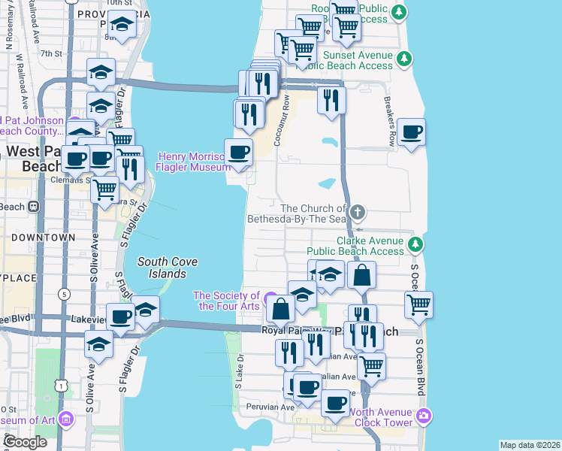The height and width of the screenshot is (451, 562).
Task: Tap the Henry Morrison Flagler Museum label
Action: (x=192, y=162)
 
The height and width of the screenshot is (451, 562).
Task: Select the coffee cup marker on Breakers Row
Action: (x=411, y=133)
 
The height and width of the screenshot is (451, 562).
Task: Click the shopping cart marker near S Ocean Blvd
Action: (x=418, y=305)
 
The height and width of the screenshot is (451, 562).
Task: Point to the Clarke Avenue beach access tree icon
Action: (x=415, y=244)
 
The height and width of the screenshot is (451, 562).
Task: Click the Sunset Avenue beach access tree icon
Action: (x=405, y=58)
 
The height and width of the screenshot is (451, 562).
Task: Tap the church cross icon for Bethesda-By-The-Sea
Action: (x=358, y=212)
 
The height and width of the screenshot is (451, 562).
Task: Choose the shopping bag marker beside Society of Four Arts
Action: (x=280, y=309)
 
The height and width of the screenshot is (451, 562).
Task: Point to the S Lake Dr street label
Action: (x=237, y=371)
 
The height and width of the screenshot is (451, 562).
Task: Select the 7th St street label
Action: (x=50, y=53)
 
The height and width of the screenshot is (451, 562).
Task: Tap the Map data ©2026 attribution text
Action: (x=530, y=445)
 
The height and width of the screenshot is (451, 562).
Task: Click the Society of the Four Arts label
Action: (x=226, y=301)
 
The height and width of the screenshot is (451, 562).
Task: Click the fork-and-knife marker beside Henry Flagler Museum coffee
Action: (x=249, y=114)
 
